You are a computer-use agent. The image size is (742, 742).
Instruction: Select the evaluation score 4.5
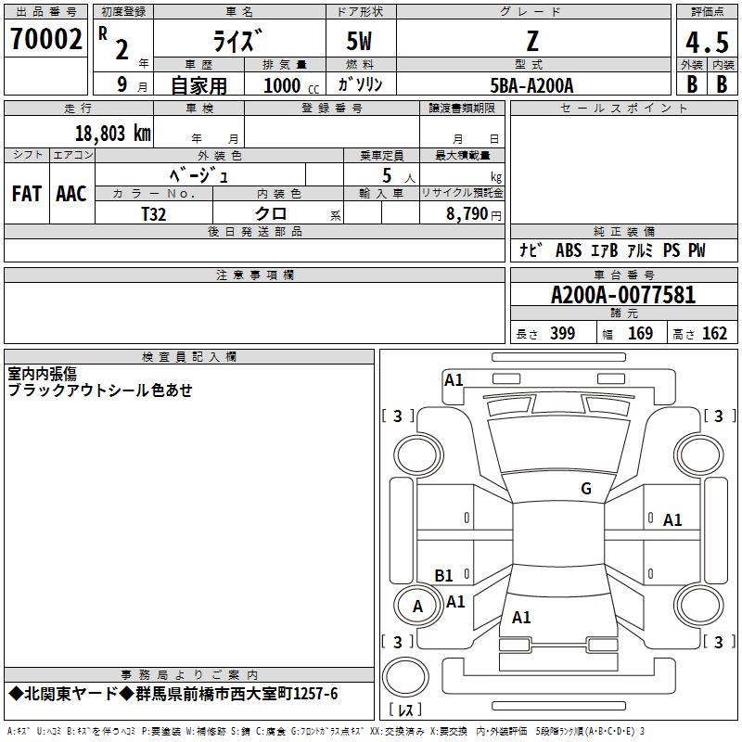707,42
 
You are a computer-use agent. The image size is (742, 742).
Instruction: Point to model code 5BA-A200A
531,85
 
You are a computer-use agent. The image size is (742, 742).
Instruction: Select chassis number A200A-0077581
623,296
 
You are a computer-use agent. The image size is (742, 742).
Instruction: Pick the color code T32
154,213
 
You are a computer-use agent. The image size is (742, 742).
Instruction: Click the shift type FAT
27,194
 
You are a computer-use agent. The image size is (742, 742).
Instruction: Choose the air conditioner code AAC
70,194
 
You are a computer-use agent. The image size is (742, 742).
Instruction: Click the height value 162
714,334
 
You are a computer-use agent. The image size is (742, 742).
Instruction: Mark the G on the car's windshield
585,489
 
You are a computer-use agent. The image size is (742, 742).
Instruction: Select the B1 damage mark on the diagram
444,576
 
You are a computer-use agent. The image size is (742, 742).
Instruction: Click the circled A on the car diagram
417,607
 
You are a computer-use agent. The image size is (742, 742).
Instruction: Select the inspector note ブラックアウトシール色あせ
100,390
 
